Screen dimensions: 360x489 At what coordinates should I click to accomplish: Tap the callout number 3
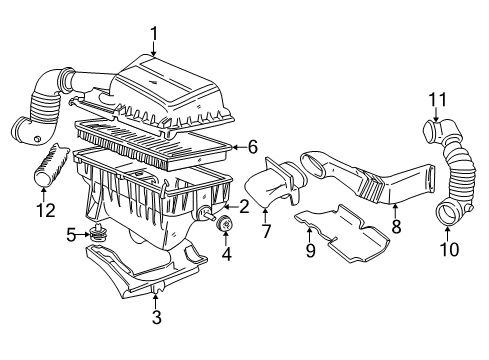tap(156, 317)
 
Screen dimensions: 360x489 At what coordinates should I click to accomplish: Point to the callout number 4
tap(226, 252)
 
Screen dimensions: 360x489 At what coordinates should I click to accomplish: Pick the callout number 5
tap(71, 235)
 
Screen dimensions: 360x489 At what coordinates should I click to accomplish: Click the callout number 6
tap(253, 146)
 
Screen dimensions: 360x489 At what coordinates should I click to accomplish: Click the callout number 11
tap(436, 99)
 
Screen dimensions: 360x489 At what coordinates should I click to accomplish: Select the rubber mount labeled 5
tap(98, 236)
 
